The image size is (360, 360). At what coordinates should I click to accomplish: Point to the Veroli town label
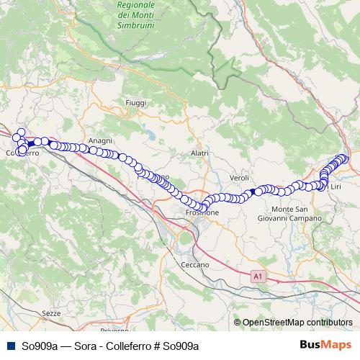coord(239,178)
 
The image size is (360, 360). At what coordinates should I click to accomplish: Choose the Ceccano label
coord(195,265)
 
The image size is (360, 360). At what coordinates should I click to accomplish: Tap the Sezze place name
coord(51,314)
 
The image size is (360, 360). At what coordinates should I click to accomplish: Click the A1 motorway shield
coord(258,276)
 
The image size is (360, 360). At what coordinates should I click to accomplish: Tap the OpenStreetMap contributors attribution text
coord(297,322)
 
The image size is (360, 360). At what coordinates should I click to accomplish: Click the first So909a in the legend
coord(40,346)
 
